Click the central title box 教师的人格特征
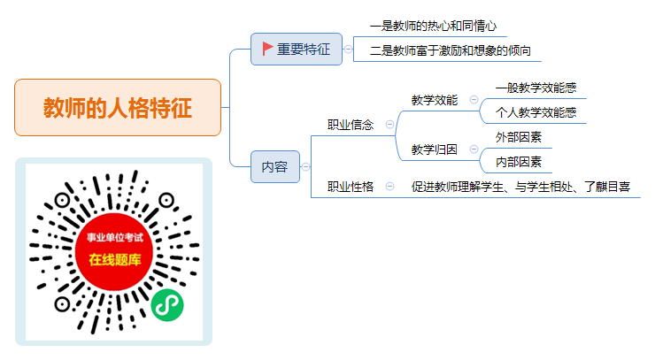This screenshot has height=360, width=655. point(118,107)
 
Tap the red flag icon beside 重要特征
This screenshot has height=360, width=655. point(267,49)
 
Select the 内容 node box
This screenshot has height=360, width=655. point(275,166)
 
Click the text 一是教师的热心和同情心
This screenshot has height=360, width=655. point(433,27)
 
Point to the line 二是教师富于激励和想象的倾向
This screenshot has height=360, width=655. point(451,50)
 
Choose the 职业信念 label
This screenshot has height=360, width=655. point(350,125)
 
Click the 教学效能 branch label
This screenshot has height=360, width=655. point(435,100)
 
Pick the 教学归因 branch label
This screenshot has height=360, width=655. point(435,149)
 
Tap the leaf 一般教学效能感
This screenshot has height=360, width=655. point(536,88)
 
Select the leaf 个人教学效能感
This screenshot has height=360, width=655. point(536,112)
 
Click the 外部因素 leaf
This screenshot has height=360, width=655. point(519,137)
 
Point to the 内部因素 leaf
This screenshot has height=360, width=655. point(519,162)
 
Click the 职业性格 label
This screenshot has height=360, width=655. point(350,187)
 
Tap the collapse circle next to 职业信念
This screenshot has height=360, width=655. point(389,125)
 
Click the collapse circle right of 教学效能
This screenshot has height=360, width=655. point(474,99)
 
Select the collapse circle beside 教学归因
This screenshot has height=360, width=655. point(474,149)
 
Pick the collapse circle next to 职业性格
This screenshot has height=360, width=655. point(389,187)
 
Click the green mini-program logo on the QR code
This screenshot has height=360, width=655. point(167,305)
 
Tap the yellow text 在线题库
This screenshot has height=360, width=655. point(115,260)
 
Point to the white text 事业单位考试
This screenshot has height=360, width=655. point(115,238)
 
